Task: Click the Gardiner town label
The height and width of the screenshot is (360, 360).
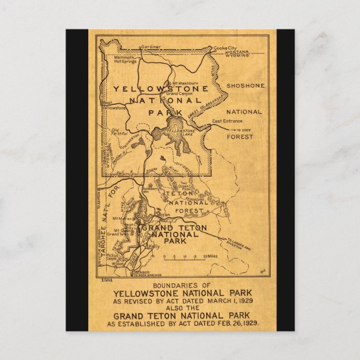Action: [x=150, y=47]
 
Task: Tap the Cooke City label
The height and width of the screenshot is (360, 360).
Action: [x=225, y=49]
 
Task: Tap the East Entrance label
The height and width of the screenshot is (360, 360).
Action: [x=225, y=121]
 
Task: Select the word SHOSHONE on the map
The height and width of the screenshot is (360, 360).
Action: [x=245, y=86]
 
